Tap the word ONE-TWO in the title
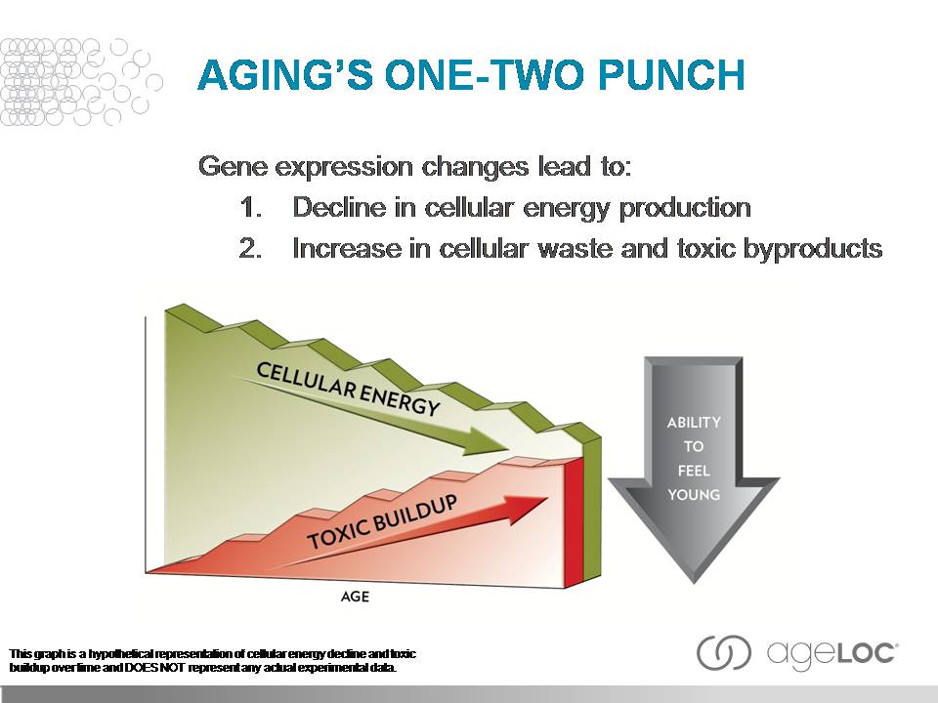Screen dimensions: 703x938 469,76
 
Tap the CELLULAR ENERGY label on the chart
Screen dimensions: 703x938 347,389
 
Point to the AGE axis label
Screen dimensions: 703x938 356,596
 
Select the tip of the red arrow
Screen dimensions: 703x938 548,499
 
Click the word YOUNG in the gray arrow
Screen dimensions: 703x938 694,494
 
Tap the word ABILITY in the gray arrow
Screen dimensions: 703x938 694,423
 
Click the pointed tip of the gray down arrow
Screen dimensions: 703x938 693,583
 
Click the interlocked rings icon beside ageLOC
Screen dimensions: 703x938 724,652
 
